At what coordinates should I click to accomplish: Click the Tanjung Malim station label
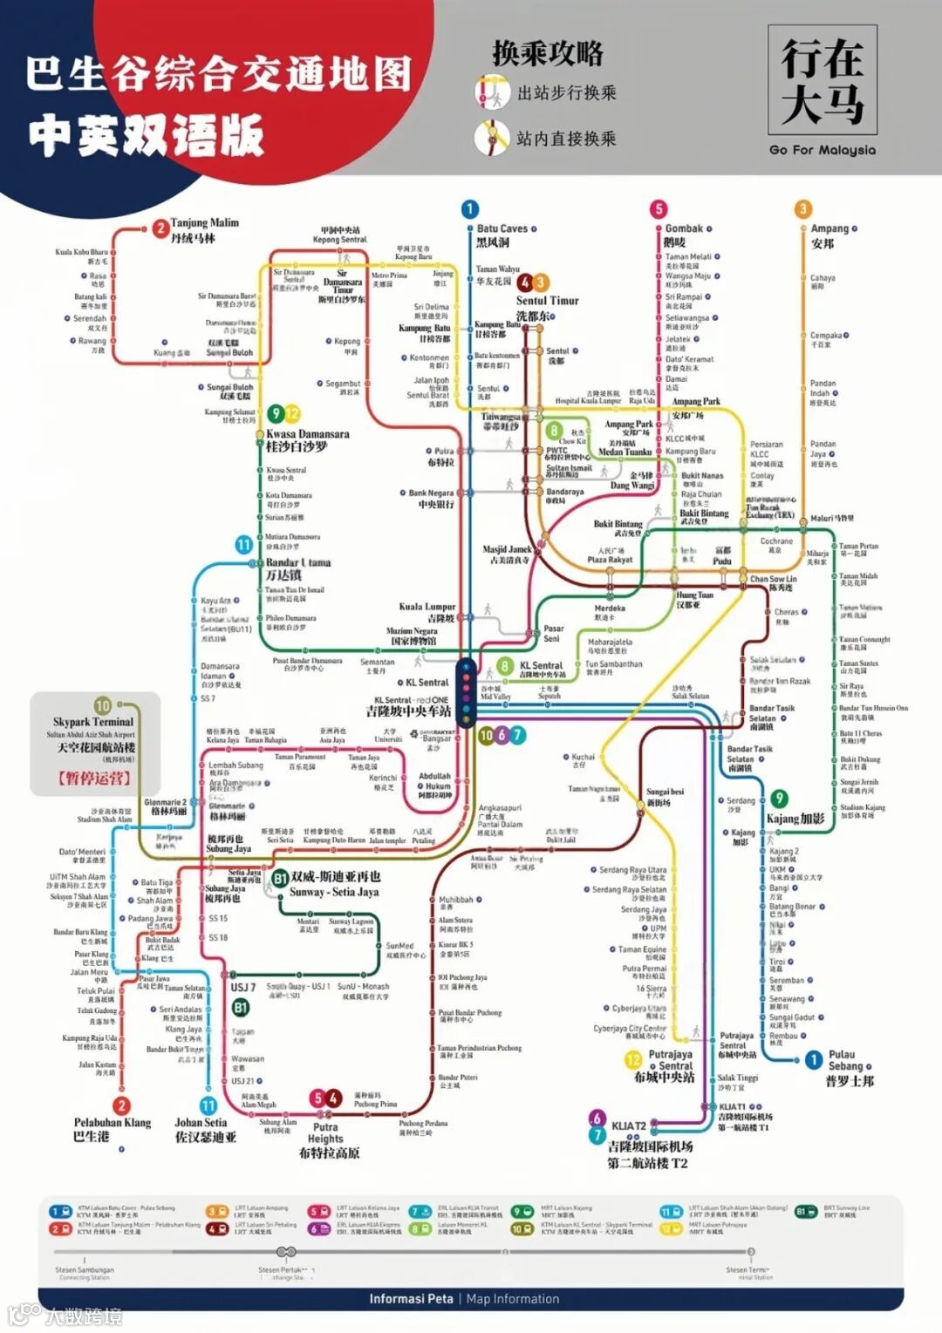pyautogui.click(x=204, y=223)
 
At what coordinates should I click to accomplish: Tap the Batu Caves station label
pyautogui.click(x=502, y=228)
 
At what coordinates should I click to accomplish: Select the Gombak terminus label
pyautogui.click(x=684, y=228)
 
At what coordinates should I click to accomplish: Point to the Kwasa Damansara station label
pyautogui.click(x=307, y=433)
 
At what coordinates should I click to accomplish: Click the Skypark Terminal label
pyautogui.click(x=93, y=722)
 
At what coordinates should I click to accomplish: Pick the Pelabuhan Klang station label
pyautogui.click(x=112, y=1123)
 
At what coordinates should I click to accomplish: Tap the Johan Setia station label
pyautogui.click(x=201, y=1123)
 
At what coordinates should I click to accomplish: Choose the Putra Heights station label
pyautogui.click(x=325, y=1132)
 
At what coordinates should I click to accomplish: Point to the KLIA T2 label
pyautogui.click(x=628, y=1126)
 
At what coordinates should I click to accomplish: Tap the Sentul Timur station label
pyautogui.click(x=547, y=301)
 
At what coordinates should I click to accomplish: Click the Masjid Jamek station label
pyautogui.click(x=507, y=549)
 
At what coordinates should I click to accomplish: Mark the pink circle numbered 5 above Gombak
pyautogui.click(x=659, y=209)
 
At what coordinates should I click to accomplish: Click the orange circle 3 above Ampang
pyautogui.click(x=802, y=209)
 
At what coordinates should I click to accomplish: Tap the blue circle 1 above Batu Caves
pyautogui.click(x=469, y=209)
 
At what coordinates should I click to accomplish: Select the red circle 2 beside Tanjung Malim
pyautogui.click(x=160, y=228)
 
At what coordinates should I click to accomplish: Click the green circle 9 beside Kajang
pyautogui.click(x=779, y=799)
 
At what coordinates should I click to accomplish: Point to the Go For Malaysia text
pyautogui.click(x=822, y=150)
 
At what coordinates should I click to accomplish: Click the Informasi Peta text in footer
pyautogui.click(x=411, y=1299)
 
